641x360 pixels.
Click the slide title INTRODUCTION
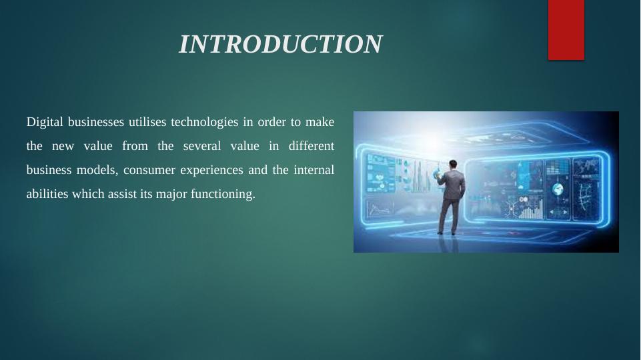tap(280, 44)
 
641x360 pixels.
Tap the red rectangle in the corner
tap(566, 30)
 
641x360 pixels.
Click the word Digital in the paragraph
tap(45, 122)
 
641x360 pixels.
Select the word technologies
tap(204, 122)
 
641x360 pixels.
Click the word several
tap(202, 146)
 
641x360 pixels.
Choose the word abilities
tap(47, 194)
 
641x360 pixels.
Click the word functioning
tap(223, 194)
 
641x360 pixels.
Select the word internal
tap(314, 169)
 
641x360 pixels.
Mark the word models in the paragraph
tap(97, 170)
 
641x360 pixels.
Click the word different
tap(311, 146)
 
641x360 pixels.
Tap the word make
tap(319, 122)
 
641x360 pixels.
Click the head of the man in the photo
tap(453, 164)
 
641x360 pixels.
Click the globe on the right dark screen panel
tap(558, 189)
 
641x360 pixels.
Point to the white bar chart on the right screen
tap(531, 209)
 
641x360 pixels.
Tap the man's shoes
tap(447, 233)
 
